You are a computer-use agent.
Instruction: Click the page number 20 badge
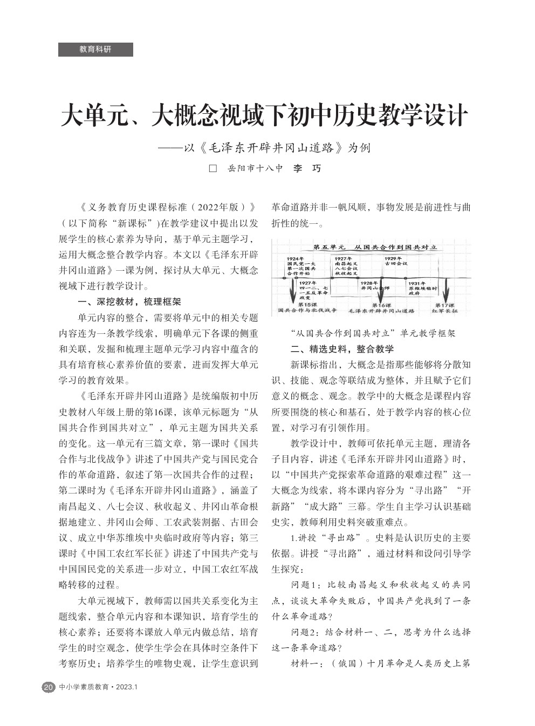48,687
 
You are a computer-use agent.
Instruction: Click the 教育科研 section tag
95,49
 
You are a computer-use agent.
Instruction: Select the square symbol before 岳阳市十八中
213,169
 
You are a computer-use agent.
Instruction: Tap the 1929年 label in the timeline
393,259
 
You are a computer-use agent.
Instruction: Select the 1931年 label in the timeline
417,283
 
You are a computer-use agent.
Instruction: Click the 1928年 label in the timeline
369,283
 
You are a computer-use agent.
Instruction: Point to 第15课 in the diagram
307,305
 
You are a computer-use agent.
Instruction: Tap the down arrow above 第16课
381,291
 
